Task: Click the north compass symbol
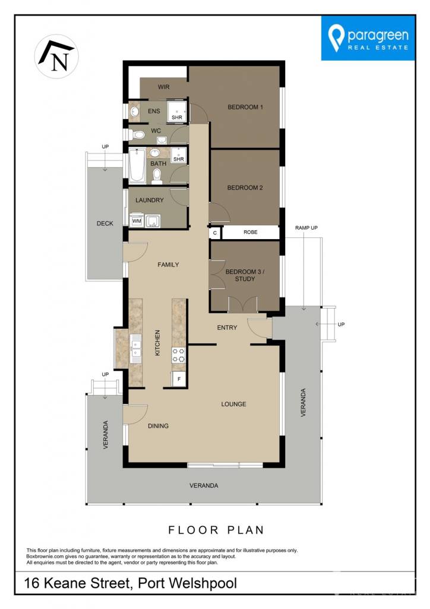click(56, 56)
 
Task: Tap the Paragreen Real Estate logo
click(368, 38)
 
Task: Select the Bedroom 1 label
click(245, 107)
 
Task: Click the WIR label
click(163, 87)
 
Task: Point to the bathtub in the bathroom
click(137, 166)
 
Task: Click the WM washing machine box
click(137, 221)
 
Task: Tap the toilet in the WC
click(137, 134)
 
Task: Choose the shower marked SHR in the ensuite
click(177, 111)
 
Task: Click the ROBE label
click(251, 233)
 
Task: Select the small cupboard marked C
click(215, 233)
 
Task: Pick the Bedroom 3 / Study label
click(245, 275)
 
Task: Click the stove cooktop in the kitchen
click(178, 355)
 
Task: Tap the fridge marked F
click(179, 379)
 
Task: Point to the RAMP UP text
click(306, 228)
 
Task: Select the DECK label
click(105, 224)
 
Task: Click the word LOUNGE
click(233, 404)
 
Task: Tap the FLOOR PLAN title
click(216, 530)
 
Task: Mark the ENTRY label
click(227, 328)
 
